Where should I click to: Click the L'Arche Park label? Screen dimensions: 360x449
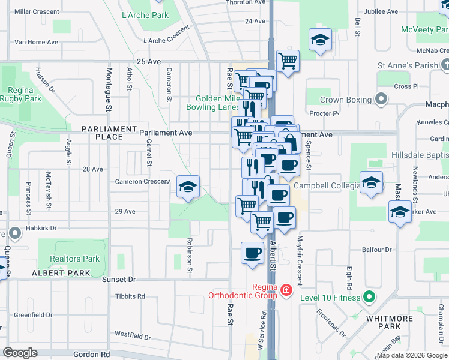click(145, 15)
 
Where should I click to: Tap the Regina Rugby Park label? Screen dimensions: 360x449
click(25, 94)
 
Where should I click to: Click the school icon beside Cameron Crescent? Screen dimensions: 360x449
click(188, 188)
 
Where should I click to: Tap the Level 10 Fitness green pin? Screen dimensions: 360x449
click(369, 297)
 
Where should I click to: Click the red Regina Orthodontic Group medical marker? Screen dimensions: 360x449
click(286, 291)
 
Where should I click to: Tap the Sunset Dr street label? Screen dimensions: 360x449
click(119, 280)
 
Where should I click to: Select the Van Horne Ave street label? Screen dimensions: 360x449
click(36, 42)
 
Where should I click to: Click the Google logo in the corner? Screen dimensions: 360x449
click(20, 353)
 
